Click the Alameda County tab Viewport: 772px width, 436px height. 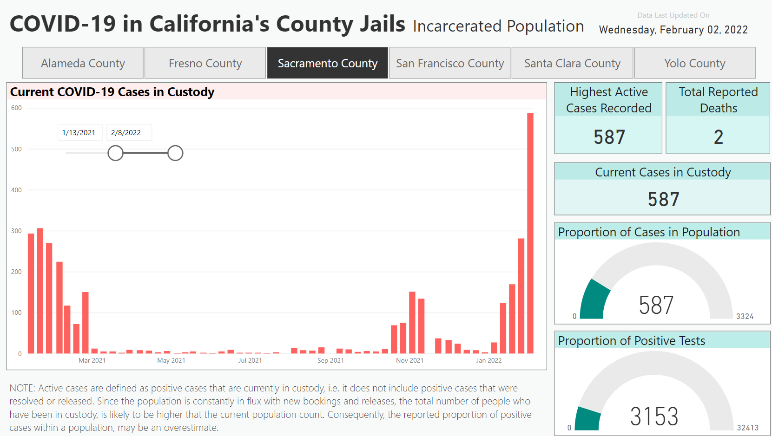coord(83,63)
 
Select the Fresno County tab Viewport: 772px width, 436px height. coord(205,63)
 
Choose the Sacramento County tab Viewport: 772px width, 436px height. coord(327,63)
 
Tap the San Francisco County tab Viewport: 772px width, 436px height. coord(449,63)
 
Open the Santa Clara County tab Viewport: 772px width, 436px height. coord(572,63)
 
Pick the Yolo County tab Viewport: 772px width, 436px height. coord(694,63)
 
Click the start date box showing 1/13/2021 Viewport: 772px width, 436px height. coord(79,133)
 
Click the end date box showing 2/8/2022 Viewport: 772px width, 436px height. coord(126,133)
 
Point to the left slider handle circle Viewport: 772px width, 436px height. coord(115,153)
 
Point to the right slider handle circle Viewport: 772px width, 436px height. coord(175,153)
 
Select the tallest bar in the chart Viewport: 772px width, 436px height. coord(530,232)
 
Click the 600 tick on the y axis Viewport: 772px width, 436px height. coord(16,108)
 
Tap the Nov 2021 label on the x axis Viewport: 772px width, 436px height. coord(409,360)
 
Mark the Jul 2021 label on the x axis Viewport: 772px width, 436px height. coord(250,360)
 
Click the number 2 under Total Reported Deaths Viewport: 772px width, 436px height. coord(718,137)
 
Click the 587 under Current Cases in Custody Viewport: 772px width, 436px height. coord(663,200)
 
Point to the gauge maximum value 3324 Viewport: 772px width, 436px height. coord(745,317)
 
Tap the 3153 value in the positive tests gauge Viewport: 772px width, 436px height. coord(654,416)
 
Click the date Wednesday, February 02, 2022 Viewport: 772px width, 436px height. coord(673,30)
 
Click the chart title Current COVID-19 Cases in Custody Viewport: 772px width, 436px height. coord(112,92)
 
